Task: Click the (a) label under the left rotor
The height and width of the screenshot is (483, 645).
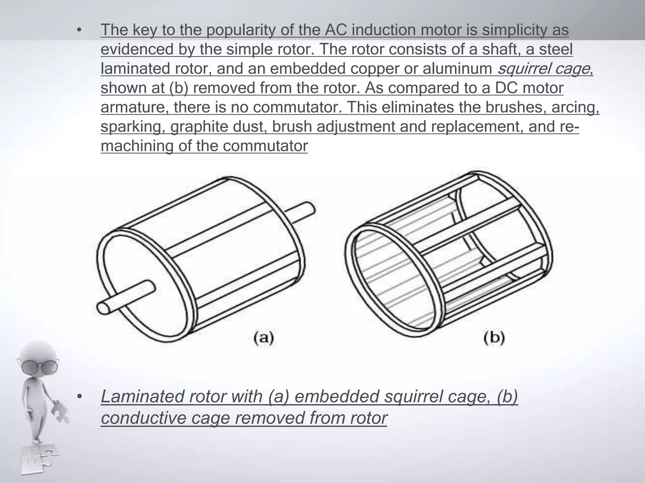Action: (264, 338)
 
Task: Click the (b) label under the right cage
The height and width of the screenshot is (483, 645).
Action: (494, 338)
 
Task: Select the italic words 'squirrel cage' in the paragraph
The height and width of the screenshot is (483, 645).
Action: (543, 69)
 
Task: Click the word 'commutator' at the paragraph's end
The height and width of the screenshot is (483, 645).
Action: (265, 146)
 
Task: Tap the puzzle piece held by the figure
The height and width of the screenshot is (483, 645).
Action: (60, 410)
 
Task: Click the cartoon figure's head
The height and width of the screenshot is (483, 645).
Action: (39, 357)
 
